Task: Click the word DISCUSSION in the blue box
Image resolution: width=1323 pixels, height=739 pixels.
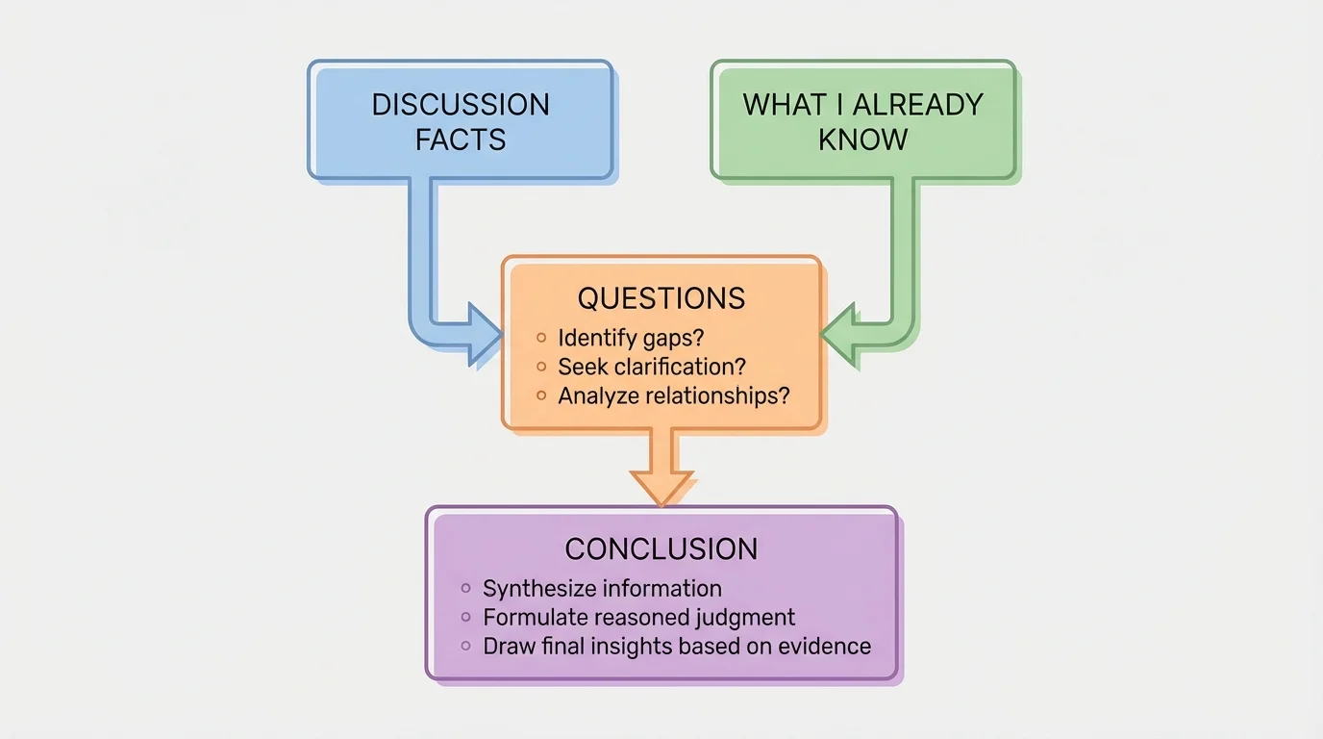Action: tap(461, 104)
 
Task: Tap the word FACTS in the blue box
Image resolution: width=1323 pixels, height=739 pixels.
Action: tap(461, 140)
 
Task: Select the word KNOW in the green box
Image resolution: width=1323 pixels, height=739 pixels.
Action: tap(862, 140)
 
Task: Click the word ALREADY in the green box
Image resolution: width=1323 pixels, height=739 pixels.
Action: tap(916, 104)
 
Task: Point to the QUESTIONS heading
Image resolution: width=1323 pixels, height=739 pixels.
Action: tap(661, 298)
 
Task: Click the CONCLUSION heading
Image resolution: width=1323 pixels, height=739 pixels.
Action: tap(661, 548)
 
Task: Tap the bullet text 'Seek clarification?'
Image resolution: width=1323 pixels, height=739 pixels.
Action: tap(652, 367)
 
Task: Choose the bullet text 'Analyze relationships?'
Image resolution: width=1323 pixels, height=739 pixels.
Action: tap(673, 395)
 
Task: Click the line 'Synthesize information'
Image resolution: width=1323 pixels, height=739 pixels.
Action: tap(602, 588)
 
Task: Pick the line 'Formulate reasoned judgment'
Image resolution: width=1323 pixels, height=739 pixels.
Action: tap(639, 617)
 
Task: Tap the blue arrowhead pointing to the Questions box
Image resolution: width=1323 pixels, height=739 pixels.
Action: tap(485, 334)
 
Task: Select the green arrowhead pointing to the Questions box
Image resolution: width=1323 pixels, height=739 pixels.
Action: tap(838, 334)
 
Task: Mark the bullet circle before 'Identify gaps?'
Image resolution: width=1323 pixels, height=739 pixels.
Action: tap(541, 338)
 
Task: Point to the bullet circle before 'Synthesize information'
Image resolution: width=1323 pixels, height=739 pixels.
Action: tap(466, 588)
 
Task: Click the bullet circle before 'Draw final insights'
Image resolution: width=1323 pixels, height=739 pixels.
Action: tap(466, 646)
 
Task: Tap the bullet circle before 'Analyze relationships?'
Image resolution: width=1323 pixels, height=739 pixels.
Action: tap(541, 395)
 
